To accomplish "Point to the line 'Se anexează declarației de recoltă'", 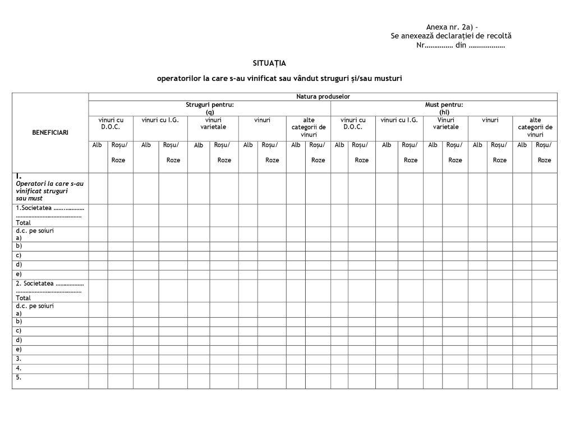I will pos(451,36).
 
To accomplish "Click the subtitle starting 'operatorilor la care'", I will pos(279,79).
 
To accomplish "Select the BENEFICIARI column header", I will pos(50,133).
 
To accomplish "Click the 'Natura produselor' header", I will pos(323,97).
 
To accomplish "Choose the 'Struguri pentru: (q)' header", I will pos(210,108).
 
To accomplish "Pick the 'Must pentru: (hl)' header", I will pos(445,108).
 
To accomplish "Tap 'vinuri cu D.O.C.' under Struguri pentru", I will pos(111,123).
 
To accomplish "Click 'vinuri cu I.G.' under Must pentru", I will pos(399,120).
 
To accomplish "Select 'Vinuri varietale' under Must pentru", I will pos(446,123).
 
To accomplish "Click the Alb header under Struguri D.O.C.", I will pos(98,145).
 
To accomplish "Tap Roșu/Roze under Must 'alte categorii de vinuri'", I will pos(544,152).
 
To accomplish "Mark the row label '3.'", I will pos(19,358).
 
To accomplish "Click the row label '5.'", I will pos(19,377).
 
